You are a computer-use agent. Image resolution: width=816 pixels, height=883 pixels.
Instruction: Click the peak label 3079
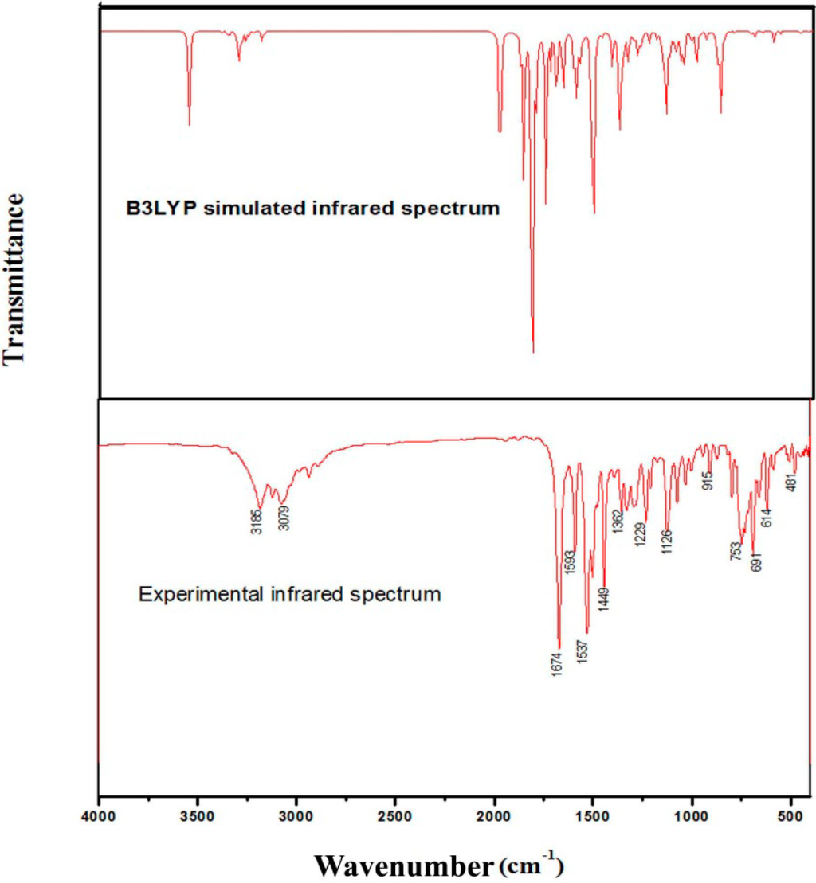click(x=284, y=518)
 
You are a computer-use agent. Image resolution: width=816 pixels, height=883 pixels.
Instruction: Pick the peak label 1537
click(x=583, y=653)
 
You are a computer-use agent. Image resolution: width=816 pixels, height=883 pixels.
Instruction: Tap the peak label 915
click(x=707, y=480)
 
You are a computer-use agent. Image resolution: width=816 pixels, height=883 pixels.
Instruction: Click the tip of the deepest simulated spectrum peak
click(x=533, y=352)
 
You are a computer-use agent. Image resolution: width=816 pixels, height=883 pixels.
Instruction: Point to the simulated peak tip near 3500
click(x=189, y=125)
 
